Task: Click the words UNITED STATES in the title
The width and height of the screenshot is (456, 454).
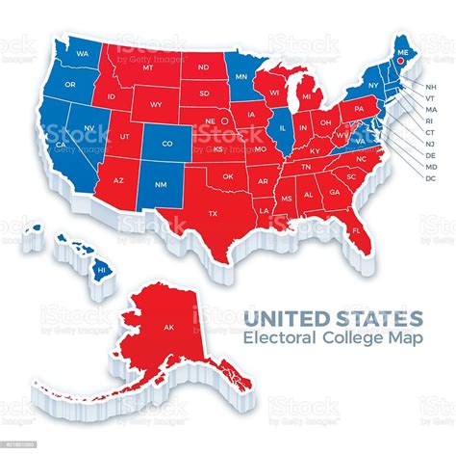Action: (333, 317)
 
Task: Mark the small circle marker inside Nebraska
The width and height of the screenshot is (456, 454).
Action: (223, 121)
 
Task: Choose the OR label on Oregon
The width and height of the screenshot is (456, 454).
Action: (70, 84)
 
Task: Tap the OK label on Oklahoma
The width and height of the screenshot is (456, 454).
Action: (227, 176)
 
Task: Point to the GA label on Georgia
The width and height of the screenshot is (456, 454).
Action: (334, 192)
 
